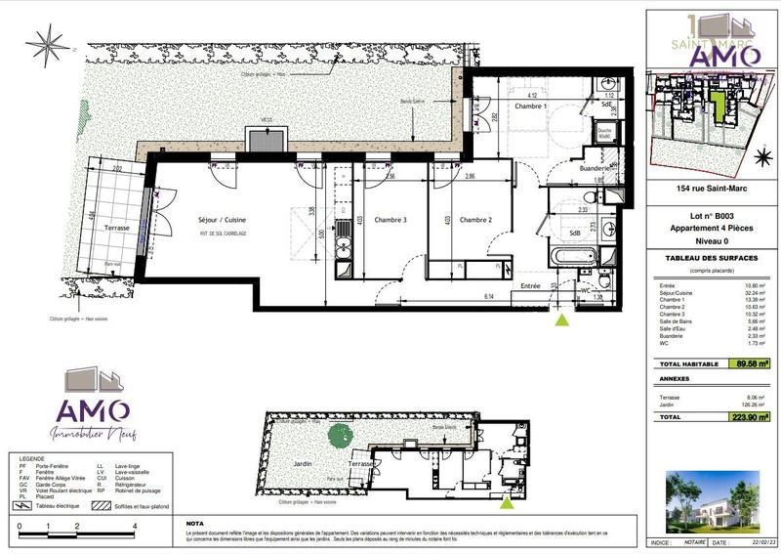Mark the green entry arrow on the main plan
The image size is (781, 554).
(x=561, y=319)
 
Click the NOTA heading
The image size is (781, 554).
(x=195, y=523)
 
